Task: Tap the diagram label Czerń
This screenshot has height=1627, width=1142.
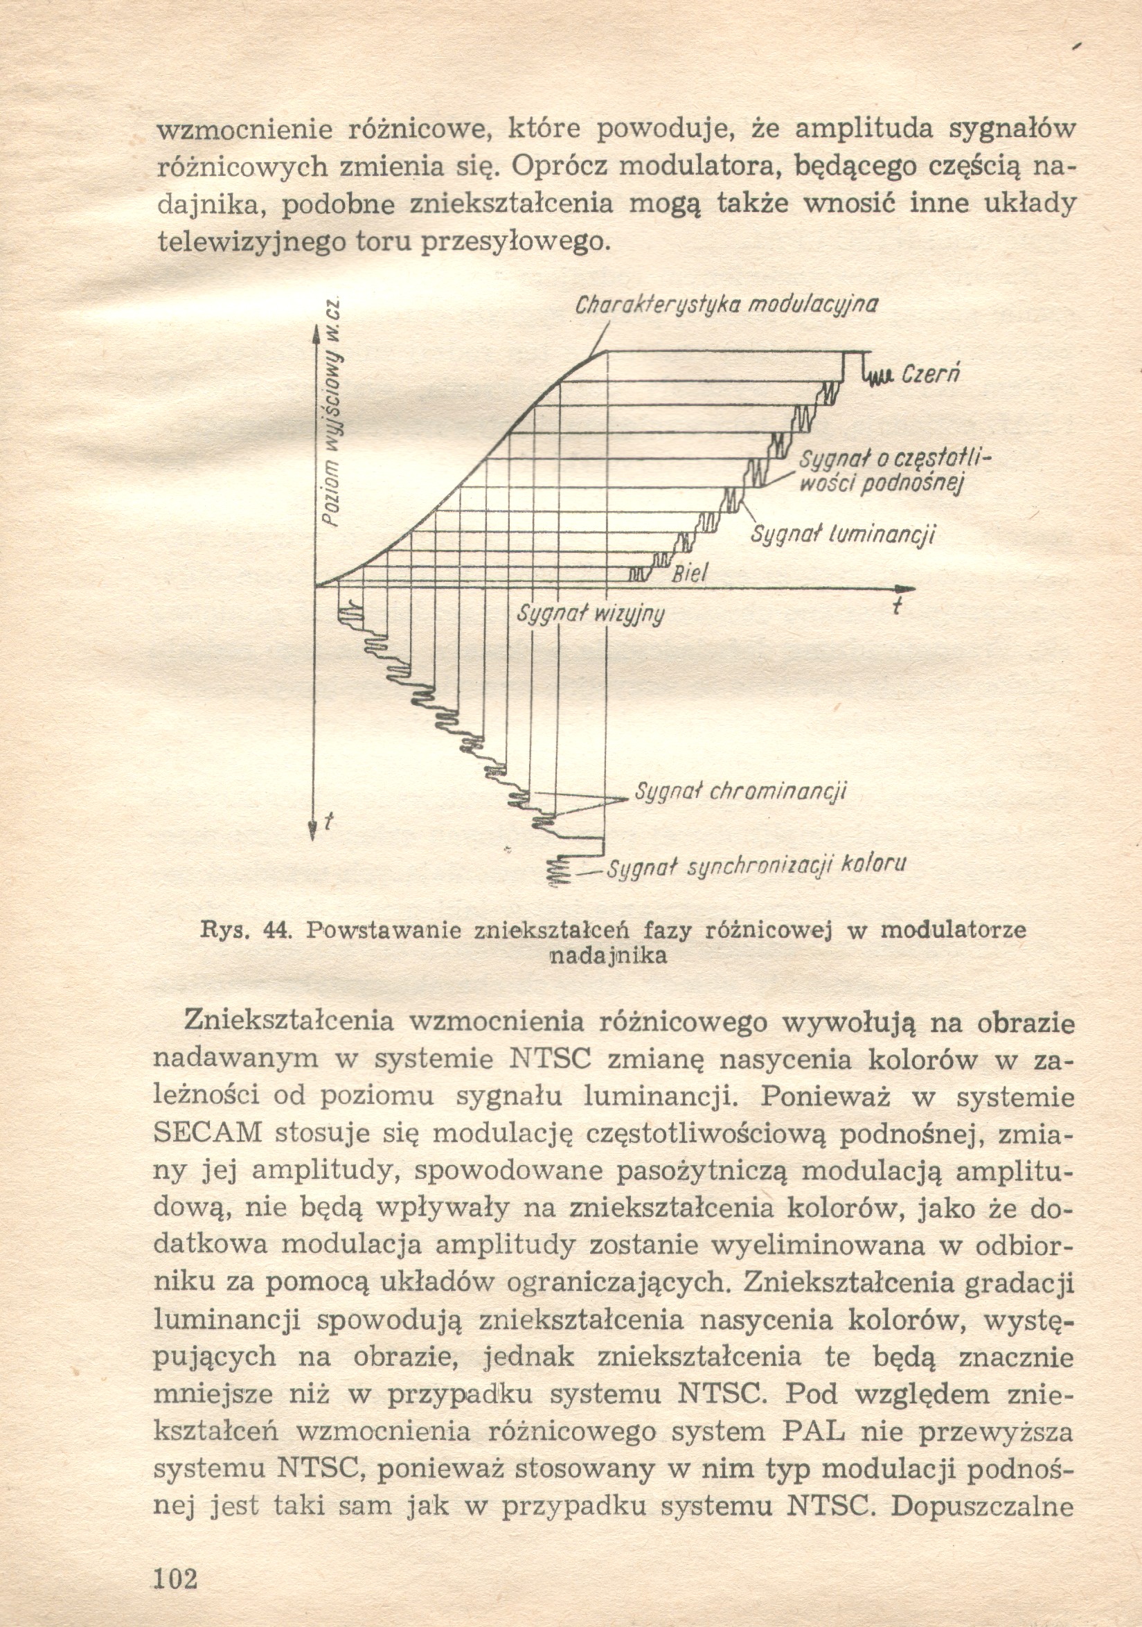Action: pyautogui.click(x=930, y=373)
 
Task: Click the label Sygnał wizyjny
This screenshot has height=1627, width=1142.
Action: pyautogui.click(x=590, y=614)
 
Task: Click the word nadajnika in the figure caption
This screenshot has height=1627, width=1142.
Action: pyautogui.click(x=609, y=956)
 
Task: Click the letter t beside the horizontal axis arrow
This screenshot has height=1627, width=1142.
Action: pyautogui.click(x=897, y=608)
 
